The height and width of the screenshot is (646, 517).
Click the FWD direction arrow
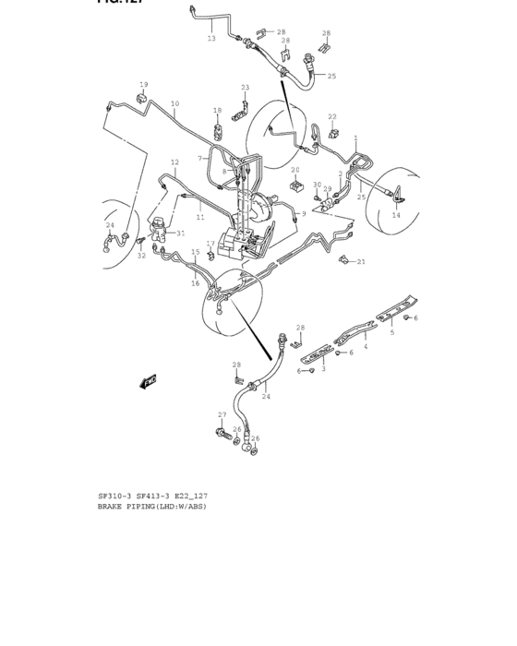pyautogui.click(x=149, y=380)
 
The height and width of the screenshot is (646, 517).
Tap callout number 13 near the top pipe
pyautogui.click(x=211, y=39)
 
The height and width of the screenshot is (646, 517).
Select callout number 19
pyautogui.click(x=143, y=84)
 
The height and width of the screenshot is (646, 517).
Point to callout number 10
pyautogui.click(x=174, y=103)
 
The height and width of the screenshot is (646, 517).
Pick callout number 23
pyautogui.click(x=245, y=88)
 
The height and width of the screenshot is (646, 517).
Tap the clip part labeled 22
pyautogui.click(x=329, y=132)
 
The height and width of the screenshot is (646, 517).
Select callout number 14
pyautogui.click(x=396, y=215)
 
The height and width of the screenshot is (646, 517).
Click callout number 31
pyautogui.click(x=180, y=233)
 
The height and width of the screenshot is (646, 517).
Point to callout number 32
pyautogui.click(x=141, y=255)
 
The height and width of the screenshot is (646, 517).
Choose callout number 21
pyautogui.click(x=361, y=262)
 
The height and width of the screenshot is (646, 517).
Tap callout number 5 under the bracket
pyautogui.click(x=391, y=332)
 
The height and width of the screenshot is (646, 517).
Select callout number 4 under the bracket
pyautogui.click(x=365, y=347)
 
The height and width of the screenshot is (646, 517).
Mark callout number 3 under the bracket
pyautogui.click(x=323, y=369)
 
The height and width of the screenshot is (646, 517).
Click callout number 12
pyautogui.click(x=174, y=162)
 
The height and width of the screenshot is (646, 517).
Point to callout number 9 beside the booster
pyautogui.click(x=303, y=214)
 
